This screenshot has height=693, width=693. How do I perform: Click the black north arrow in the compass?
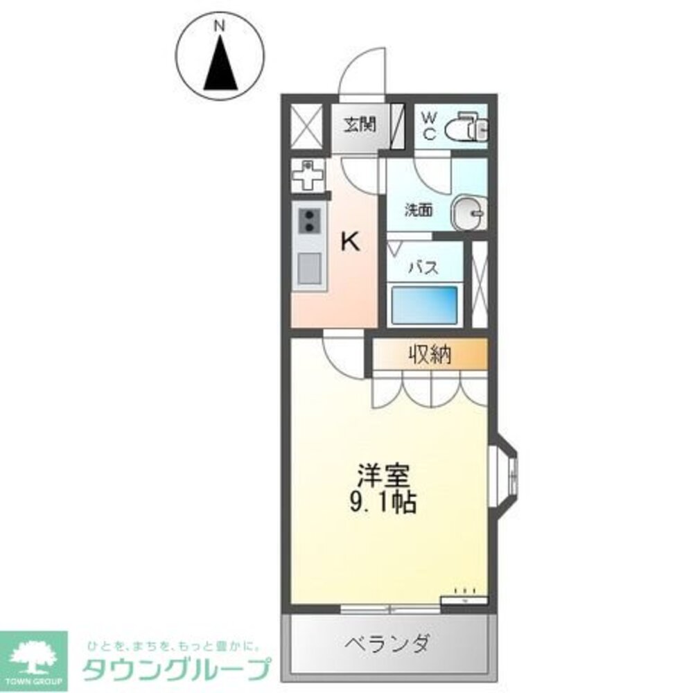pos(221,65)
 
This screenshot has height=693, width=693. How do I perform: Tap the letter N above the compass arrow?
pos(220,26)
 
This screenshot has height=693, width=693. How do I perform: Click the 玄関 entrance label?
pos(360,125)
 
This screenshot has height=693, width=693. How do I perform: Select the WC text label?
pos(429,125)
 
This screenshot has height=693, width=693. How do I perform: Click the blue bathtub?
pos(425,304)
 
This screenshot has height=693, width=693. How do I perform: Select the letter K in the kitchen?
pos(351,241)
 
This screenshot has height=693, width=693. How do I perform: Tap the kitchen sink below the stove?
pos(309,269)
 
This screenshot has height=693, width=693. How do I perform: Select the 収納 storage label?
pos(429,356)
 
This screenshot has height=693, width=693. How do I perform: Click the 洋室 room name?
pos(385,477)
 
